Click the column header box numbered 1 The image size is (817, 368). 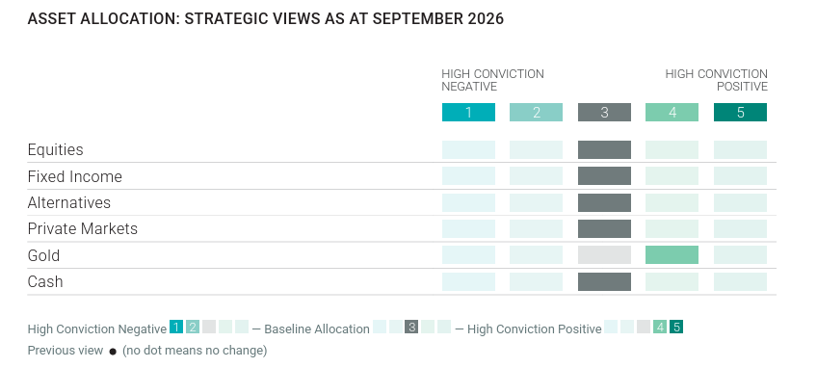(x=468, y=112)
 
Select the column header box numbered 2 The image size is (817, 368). (x=536, y=112)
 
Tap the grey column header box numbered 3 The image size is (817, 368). (x=604, y=112)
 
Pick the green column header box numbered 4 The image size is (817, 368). (x=672, y=112)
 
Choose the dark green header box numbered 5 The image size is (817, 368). (x=740, y=112)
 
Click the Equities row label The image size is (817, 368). (x=55, y=150)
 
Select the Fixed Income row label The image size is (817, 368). (x=74, y=176)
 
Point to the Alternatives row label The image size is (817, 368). (x=68, y=202)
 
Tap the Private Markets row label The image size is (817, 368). (x=82, y=229)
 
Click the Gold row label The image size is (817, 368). (x=43, y=255)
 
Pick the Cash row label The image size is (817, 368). (x=45, y=281)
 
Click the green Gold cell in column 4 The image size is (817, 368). (x=672, y=255)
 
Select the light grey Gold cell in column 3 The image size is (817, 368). (x=604, y=255)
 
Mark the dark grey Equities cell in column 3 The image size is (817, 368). (x=604, y=149)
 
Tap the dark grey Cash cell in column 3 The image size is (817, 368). (x=604, y=281)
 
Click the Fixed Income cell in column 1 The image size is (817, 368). (x=468, y=175)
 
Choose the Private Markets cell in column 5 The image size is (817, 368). (x=740, y=229)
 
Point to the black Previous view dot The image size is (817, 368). (x=113, y=352)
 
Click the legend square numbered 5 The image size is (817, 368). (x=676, y=327)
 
